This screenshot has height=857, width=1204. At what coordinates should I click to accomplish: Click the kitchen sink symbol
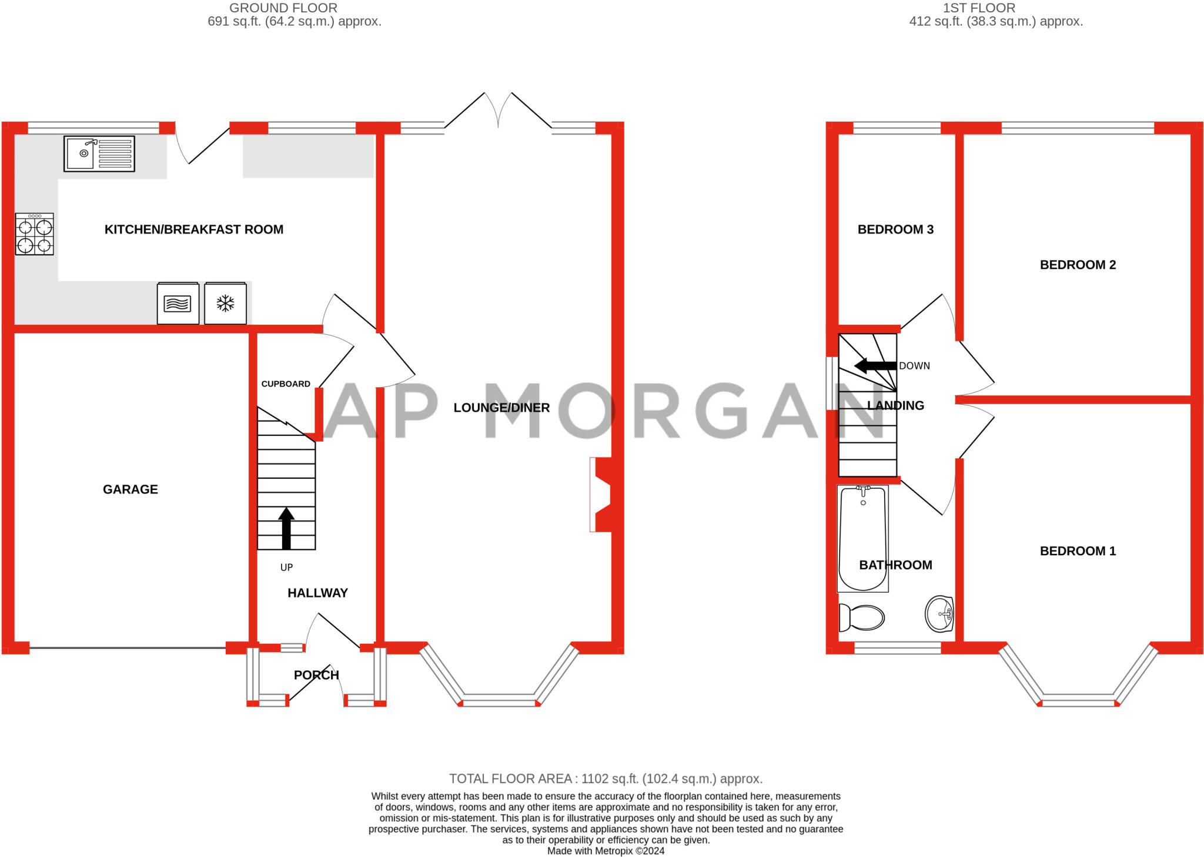click(99, 154)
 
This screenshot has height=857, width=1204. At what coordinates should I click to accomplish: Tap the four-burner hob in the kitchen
click(34, 234)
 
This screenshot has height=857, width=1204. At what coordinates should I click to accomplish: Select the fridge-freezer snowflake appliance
click(225, 303)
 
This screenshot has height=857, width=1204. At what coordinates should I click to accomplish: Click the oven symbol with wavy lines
click(178, 303)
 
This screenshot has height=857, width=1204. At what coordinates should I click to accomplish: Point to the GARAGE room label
click(130, 489)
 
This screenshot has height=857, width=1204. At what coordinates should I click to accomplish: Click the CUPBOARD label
click(286, 384)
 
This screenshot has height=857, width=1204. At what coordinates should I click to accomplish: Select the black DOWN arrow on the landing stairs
click(875, 366)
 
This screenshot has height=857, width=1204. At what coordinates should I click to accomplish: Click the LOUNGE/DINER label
click(501, 408)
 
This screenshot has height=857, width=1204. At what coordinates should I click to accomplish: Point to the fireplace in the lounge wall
click(601, 495)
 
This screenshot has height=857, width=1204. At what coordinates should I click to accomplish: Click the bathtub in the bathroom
click(862, 537)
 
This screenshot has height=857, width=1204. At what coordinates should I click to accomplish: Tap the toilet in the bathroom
click(862, 617)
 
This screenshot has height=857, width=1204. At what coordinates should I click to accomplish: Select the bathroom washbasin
click(939, 614)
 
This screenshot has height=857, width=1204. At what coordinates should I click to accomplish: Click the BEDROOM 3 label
click(895, 230)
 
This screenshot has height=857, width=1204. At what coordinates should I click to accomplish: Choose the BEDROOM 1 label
click(1077, 551)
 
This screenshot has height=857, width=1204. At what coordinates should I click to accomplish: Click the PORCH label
click(316, 675)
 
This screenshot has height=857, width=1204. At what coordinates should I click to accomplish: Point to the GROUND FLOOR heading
click(283, 8)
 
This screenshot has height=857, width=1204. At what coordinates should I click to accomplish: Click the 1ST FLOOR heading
click(978, 8)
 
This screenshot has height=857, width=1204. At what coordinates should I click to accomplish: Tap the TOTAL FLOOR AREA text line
click(606, 779)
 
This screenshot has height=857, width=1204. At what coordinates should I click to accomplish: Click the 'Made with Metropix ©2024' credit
click(606, 851)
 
